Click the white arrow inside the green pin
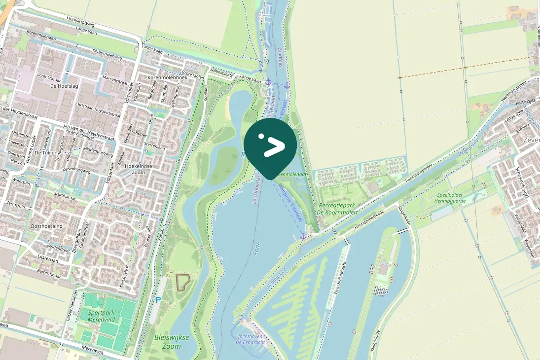274,147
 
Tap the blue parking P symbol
158,299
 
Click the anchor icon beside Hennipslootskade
303,236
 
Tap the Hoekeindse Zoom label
135,169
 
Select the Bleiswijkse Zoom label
168,342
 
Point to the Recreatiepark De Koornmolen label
338,208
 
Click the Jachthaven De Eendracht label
251,339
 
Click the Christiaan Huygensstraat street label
98,110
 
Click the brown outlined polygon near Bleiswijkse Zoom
182,282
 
